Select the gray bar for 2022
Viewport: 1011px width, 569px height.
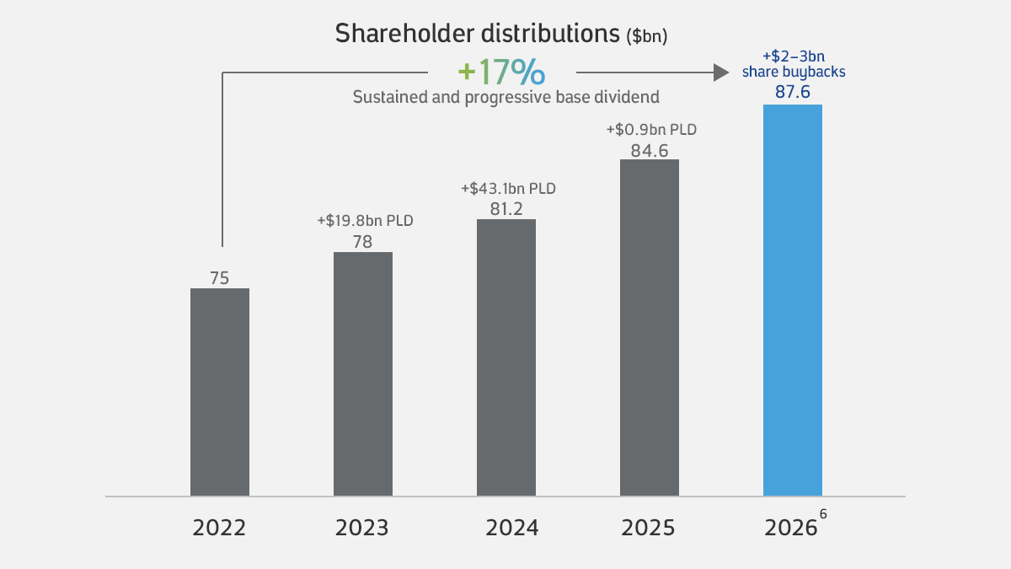220,392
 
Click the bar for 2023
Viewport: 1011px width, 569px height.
363,374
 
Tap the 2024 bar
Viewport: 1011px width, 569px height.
506,357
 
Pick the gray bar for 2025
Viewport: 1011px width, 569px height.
650,327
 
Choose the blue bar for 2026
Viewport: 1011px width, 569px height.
793,300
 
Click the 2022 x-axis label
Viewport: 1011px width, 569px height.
219,528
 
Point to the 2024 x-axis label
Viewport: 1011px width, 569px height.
512,528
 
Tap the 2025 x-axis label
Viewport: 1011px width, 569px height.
648,528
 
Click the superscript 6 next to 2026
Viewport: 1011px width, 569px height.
823,514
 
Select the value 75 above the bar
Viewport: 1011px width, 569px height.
219,278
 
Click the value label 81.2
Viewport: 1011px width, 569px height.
506,209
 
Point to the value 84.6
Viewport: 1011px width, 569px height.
650,151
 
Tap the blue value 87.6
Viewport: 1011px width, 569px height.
793,92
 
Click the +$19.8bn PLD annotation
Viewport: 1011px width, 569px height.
365,221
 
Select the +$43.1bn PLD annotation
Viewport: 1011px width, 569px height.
508,188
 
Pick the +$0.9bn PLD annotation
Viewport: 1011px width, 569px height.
651,130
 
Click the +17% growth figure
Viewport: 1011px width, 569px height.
501,72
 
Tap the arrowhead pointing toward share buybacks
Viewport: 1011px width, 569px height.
721,72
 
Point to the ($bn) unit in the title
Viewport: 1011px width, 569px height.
647,35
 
